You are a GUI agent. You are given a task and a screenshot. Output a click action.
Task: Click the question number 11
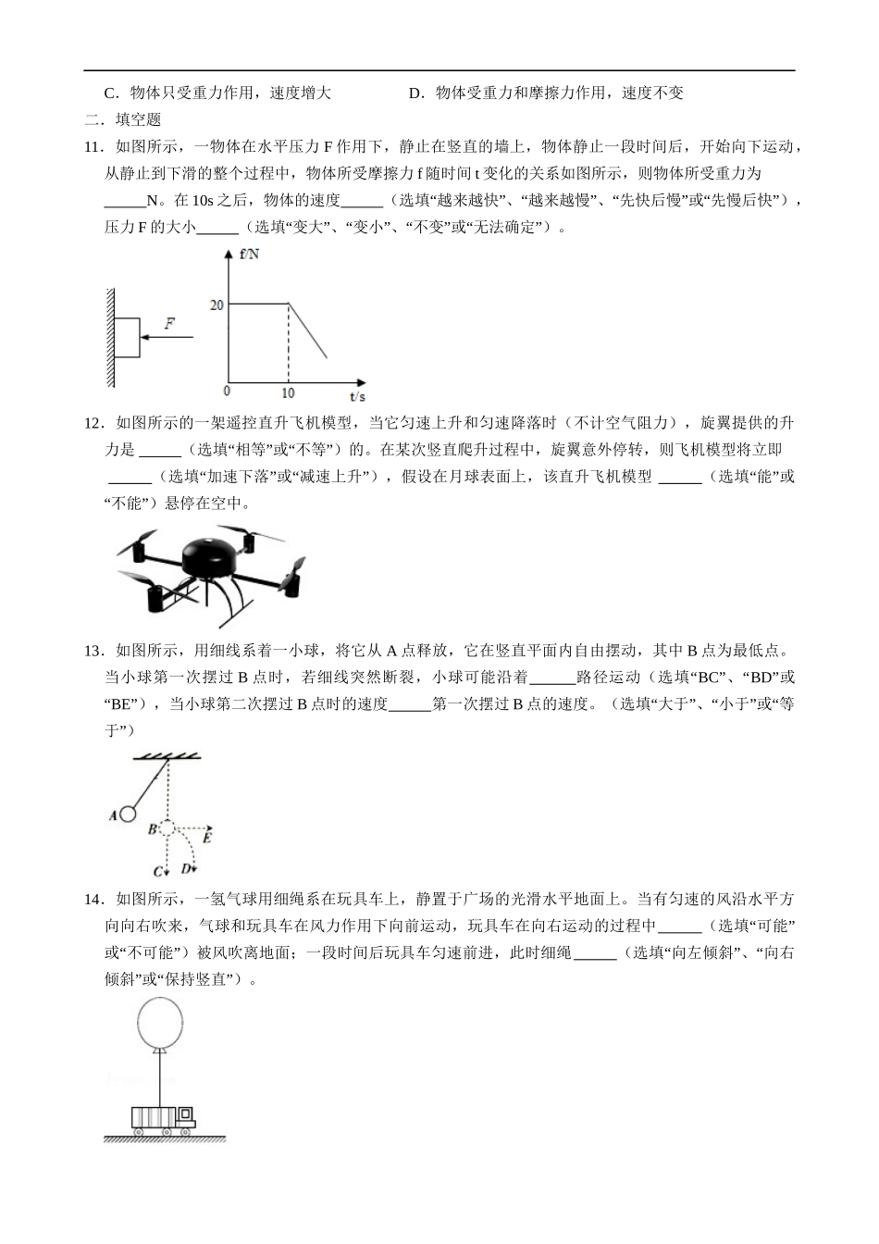tap(92, 146)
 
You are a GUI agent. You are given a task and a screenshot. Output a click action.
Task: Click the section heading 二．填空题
tap(122, 119)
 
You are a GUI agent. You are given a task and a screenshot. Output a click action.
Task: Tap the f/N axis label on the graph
tap(249, 255)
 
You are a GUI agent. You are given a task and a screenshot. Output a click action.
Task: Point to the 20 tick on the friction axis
tap(217, 305)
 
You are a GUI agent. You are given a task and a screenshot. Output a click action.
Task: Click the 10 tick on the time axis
tap(288, 392)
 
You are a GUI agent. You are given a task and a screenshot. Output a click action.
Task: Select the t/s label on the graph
tap(356, 396)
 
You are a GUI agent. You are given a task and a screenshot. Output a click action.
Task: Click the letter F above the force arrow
tap(169, 324)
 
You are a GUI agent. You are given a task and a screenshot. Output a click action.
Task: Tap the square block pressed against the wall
tap(127, 338)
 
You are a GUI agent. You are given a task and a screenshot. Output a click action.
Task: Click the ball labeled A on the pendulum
tap(128, 815)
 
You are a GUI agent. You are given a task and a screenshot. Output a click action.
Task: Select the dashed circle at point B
tap(167, 829)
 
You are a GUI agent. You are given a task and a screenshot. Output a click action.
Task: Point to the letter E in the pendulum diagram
tap(207, 838)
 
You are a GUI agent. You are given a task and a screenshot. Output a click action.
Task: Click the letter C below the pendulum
tap(158, 871)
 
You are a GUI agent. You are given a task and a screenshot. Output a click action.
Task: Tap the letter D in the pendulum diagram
tap(186, 868)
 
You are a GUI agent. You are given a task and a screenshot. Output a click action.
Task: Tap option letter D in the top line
tap(414, 93)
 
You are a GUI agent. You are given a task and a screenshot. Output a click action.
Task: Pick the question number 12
tap(92, 423)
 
